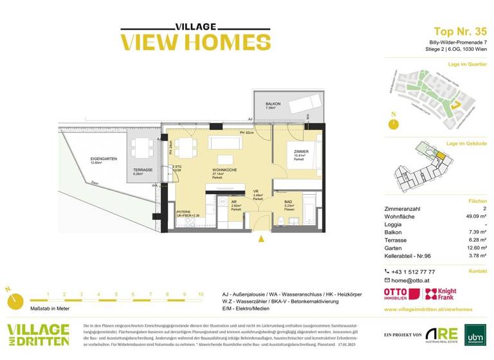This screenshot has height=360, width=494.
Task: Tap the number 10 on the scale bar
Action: [201, 294]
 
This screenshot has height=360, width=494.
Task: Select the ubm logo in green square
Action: [475, 334]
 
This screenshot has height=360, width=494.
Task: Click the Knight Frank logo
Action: [443, 294]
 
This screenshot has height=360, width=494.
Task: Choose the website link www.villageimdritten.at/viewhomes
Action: [427, 309]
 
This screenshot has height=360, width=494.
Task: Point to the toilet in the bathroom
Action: [282, 221]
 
